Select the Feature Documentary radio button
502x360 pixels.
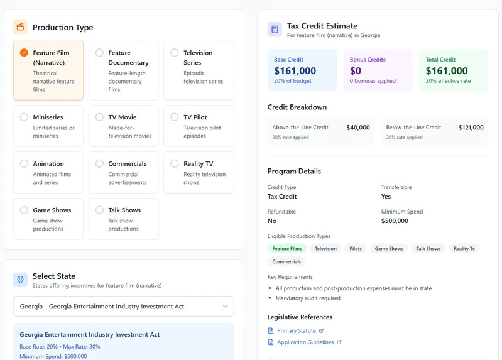click(99, 53)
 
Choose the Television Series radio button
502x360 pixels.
click(175, 53)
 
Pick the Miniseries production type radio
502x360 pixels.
click(24, 117)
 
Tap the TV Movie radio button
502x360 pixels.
click(99, 117)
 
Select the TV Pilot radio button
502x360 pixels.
click(175, 117)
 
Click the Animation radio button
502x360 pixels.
click(24, 163)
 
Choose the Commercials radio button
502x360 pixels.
click(99, 163)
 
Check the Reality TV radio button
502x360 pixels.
click(175, 163)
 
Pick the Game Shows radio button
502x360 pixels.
click(24, 210)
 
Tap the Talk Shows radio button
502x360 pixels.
click(99, 210)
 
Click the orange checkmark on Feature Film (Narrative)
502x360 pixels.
click(24, 53)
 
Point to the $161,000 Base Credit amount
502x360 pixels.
click(295, 71)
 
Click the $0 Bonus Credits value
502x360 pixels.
click(356, 71)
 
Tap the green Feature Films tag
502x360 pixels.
click(287, 249)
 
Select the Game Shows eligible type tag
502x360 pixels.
click(389, 249)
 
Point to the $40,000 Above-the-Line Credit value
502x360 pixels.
click(358, 128)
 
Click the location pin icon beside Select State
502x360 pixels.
click(21, 280)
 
